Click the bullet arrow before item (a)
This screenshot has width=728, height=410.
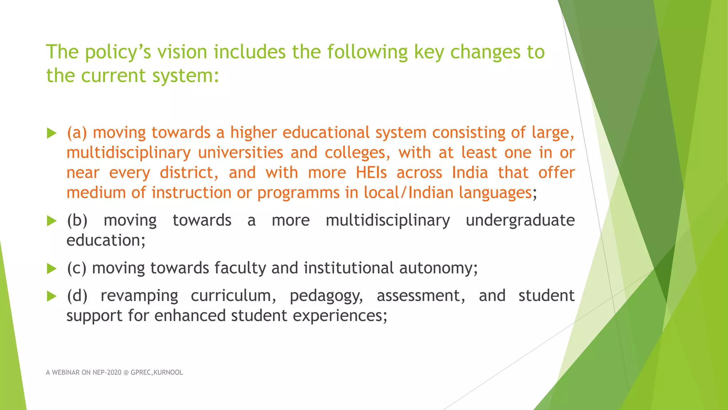click(52, 133)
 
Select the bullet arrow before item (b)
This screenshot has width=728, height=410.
click(52, 221)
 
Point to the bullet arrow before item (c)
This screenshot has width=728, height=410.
click(52, 269)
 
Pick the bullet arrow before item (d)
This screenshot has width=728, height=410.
click(52, 296)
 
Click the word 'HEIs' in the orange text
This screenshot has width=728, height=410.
click(371, 173)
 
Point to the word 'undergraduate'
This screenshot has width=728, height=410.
click(520, 221)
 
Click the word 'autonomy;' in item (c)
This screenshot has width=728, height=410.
click(439, 268)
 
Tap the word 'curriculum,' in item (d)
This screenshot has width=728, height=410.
click(234, 296)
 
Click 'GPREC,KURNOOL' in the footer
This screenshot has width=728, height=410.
click(157, 373)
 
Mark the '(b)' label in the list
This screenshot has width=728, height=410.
click(77, 221)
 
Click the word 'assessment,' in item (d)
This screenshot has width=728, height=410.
click(421, 296)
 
